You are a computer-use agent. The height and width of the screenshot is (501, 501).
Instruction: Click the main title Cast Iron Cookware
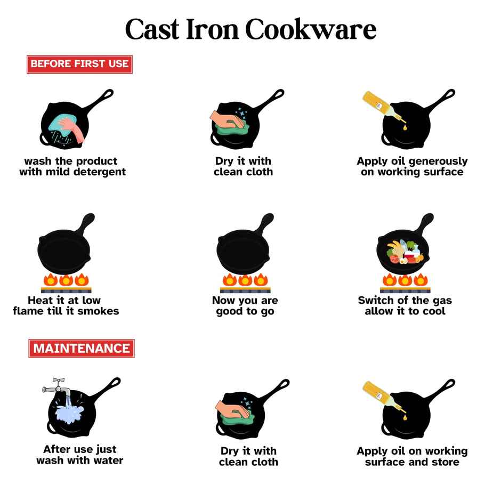[250, 29]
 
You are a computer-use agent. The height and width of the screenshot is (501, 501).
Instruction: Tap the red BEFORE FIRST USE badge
[79, 64]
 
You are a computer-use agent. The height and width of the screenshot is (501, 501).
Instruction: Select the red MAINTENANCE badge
[81, 349]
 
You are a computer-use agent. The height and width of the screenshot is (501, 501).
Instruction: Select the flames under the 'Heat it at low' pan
[66, 280]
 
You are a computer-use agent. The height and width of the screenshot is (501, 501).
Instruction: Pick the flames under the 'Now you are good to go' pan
[245, 280]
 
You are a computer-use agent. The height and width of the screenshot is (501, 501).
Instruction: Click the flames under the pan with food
[405, 280]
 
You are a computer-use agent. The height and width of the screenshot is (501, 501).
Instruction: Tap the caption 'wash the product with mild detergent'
[72, 166]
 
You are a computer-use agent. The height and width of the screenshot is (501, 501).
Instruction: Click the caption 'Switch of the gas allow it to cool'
[405, 305]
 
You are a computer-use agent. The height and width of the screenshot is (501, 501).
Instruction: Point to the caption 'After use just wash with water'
[80, 455]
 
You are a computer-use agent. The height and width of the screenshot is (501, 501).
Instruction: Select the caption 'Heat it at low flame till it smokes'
[66, 305]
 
